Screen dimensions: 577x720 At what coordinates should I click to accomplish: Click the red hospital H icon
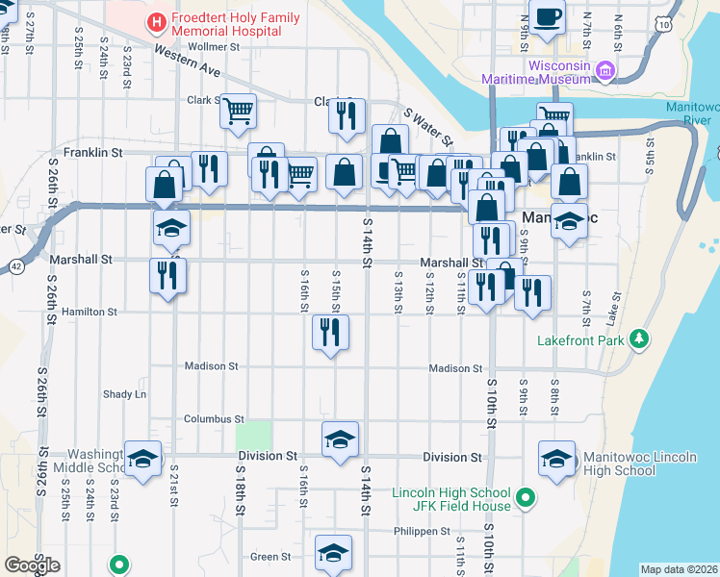click(x=156, y=21)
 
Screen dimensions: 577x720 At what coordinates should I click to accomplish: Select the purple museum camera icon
click(x=605, y=69)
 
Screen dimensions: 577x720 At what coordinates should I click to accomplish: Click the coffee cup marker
click(x=546, y=17)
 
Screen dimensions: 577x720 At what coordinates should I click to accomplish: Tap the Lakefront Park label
click(x=579, y=340)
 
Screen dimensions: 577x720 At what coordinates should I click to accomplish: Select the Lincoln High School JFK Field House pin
click(x=525, y=498)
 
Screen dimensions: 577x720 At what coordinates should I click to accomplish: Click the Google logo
click(x=32, y=565)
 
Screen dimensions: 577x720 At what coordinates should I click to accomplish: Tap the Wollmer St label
click(x=214, y=46)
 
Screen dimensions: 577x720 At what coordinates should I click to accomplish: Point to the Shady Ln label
click(x=125, y=394)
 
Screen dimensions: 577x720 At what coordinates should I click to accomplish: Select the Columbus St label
click(x=214, y=419)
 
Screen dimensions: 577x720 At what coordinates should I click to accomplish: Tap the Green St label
click(x=270, y=557)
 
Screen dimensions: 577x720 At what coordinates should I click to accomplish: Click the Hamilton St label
click(x=89, y=312)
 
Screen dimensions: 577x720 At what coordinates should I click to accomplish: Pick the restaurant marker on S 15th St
click(x=330, y=333)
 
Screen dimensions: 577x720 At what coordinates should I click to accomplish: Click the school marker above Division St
click(x=340, y=439)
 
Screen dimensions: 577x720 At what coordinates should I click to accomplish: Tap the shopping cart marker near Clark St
click(x=237, y=111)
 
